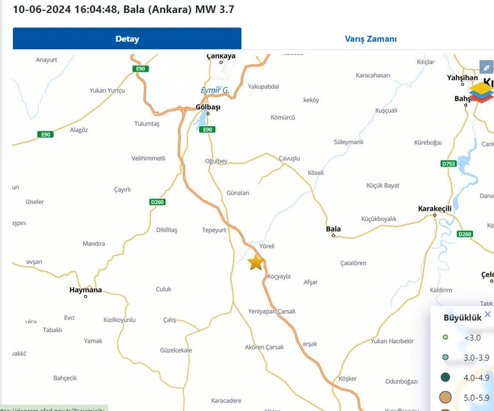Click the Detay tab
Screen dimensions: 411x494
127,38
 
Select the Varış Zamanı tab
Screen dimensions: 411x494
371,38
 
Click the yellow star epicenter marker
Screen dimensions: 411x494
255,262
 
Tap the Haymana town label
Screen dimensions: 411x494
85,290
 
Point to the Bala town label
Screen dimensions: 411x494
333,229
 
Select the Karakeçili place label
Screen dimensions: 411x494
434,209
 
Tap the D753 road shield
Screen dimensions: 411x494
449,164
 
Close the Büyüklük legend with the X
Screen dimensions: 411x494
488,314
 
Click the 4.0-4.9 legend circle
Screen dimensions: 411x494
445,378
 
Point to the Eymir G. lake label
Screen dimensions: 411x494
215,90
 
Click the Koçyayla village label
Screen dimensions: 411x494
279,277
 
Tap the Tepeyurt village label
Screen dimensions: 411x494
214,230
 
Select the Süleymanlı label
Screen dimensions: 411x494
349,141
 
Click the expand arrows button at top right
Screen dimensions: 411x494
486,67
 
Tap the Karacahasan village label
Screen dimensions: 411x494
373,75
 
